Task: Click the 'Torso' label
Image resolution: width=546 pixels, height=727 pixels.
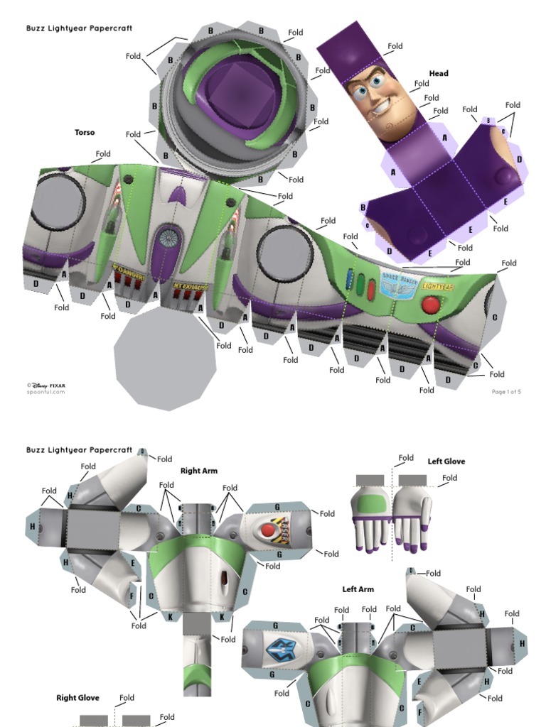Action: coord(85,133)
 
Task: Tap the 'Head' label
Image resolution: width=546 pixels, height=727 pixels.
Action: coord(439,73)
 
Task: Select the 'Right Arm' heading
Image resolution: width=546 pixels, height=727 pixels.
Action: coord(199,471)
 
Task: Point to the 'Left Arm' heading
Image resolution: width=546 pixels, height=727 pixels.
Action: coord(358,589)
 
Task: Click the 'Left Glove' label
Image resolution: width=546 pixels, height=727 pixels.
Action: coord(446,461)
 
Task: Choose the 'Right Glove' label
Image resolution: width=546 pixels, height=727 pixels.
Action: coord(77,698)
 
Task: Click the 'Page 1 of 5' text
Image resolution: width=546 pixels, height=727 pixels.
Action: coord(506,391)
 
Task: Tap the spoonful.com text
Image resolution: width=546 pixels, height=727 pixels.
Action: coord(45,392)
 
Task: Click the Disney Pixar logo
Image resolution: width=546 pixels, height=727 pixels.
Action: coord(45,386)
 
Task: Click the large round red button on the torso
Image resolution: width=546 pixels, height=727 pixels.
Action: coord(431,305)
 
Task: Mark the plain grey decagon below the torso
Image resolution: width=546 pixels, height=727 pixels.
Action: coord(165,361)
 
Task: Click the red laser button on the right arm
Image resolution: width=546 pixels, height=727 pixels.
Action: coord(268,530)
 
